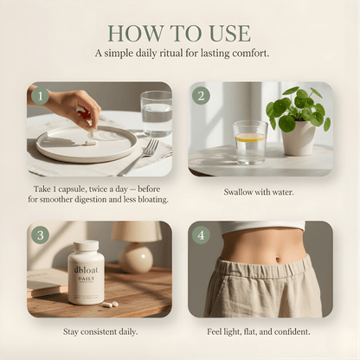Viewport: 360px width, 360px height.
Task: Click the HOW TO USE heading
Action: click(179, 33)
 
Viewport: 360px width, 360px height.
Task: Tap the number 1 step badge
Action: click(40, 96)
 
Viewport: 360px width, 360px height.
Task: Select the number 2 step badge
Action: click(201, 96)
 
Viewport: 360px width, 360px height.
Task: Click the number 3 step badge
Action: click(40, 235)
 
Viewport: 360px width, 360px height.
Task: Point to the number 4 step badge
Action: click(201, 235)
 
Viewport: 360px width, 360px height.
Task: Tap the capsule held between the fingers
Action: click(93, 133)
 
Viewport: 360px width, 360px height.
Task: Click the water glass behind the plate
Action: click(156, 114)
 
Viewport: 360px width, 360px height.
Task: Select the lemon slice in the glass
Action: click(251, 138)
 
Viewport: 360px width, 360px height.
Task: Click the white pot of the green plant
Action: click(298, 138)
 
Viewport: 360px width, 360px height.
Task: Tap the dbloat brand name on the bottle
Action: click(86, 270)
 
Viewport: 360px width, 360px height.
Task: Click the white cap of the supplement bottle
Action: click(86, 245)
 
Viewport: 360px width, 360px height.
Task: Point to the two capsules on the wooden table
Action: click(110, 305)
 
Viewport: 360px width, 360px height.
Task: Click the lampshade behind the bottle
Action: click(137, 231)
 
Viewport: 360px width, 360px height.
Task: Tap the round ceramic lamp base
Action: click(136, 258)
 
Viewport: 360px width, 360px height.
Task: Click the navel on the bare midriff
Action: click(278, 260)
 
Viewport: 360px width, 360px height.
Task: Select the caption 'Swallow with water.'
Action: click(259, 192)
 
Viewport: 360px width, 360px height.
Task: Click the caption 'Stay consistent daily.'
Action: click(100, 332)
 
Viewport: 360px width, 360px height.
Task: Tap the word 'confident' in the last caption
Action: click(292, 332)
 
